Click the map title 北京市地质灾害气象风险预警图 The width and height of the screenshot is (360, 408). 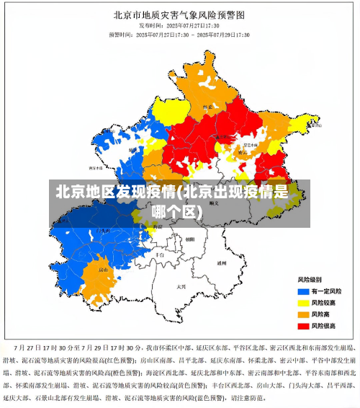click(179, 14)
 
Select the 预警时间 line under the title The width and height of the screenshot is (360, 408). click(179, 34)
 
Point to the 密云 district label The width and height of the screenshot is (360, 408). click(243, 151)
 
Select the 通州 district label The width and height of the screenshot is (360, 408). click(222, 263)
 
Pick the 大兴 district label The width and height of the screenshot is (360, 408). click(181, 286)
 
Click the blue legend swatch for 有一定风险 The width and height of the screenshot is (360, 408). click(303, 291)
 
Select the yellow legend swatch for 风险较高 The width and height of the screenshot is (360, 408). click(303, 303)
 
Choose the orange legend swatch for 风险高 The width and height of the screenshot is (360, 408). click(303, 314)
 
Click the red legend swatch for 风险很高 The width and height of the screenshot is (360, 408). click(303, 326)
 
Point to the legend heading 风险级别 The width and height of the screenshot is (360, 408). click(310, 278)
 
